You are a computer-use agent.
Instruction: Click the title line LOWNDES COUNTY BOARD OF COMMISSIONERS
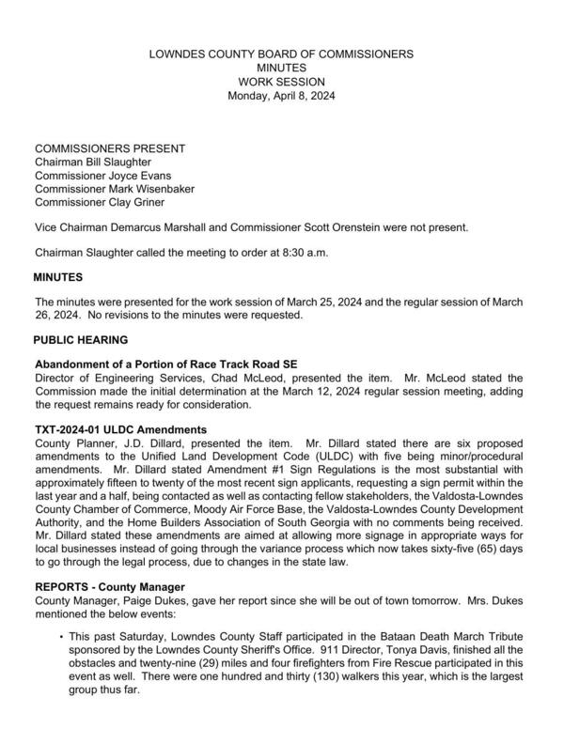(281, 54)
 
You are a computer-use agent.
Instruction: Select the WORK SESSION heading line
(281, 82)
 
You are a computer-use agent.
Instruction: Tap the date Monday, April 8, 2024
(281, 96)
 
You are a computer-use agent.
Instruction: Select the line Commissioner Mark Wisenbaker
(115, 188)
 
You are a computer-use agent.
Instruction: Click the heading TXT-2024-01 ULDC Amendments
(127, 427)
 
